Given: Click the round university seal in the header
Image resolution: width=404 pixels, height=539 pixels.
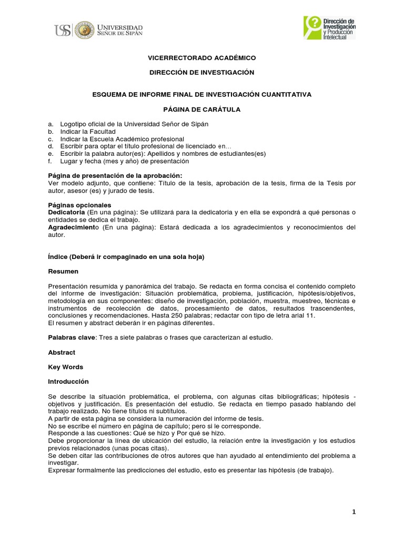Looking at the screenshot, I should [84, 30].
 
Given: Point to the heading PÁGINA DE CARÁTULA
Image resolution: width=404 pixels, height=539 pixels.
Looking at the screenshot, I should [201, 109].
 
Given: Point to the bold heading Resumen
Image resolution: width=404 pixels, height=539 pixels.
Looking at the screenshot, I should [63, 271].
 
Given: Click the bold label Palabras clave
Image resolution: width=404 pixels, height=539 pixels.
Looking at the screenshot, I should [72, 337].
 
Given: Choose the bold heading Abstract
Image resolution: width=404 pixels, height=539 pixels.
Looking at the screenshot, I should [62, 352].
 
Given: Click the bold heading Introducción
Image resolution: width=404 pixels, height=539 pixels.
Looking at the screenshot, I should [68, 382].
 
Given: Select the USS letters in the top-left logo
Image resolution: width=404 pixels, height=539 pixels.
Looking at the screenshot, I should [62, 30].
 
